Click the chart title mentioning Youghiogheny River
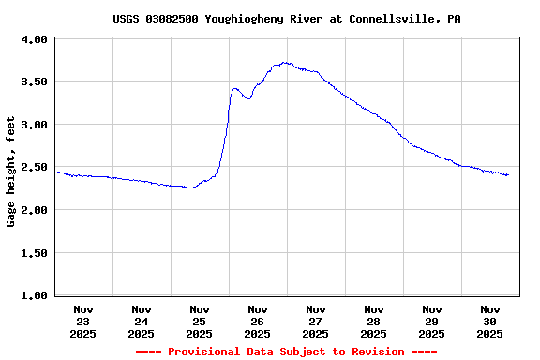[286, 19]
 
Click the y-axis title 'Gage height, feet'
[11, 172]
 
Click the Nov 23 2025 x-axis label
[83, 321]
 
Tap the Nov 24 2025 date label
[142, 321]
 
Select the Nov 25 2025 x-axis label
[200, 321]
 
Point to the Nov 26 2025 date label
[258, 321]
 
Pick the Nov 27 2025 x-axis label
[316, 321]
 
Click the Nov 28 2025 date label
[374, 321]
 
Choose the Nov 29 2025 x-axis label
[432, 321]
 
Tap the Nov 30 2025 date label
[490, 321]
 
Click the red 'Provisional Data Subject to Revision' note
[286, 352]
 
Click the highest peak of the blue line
[284, 63]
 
